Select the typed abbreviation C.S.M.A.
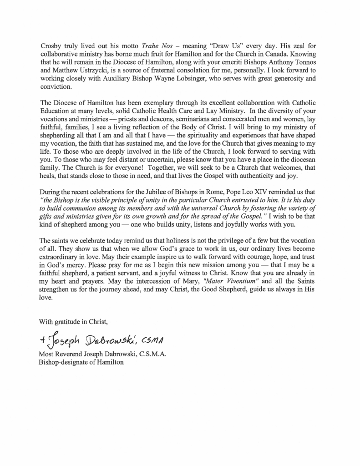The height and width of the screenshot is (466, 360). (150, 355)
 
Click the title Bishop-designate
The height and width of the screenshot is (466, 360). (64, 363)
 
